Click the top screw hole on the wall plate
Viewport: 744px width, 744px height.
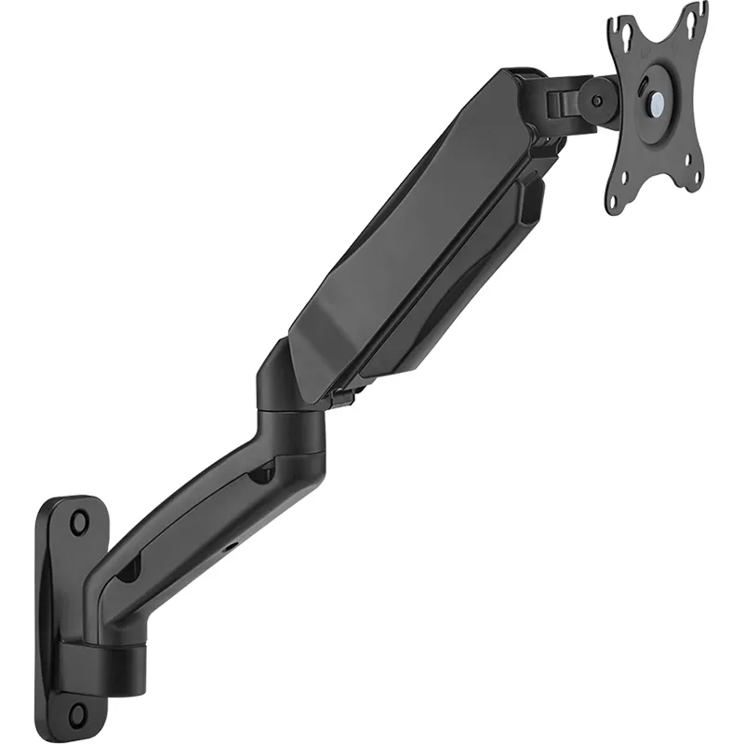click(x=78, y=521)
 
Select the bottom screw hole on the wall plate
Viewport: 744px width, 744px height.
click(x=78, y=713)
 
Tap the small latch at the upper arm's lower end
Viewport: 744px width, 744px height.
click(x=342, y=397)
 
